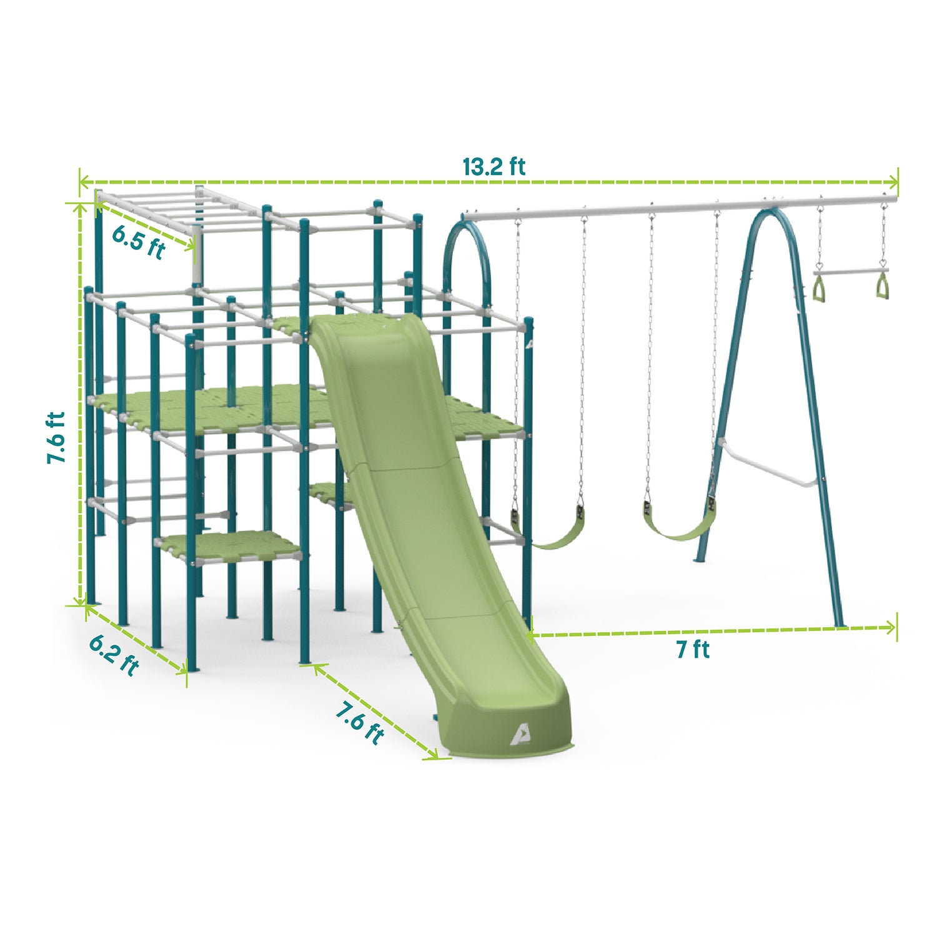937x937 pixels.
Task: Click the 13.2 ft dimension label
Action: coord(493,167)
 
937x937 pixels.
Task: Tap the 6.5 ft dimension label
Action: coord(138,241)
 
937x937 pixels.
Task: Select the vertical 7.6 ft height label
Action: coord(56,437)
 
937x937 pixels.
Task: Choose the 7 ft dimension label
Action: coord(693,650)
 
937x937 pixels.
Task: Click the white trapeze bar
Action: coord(850,272)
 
